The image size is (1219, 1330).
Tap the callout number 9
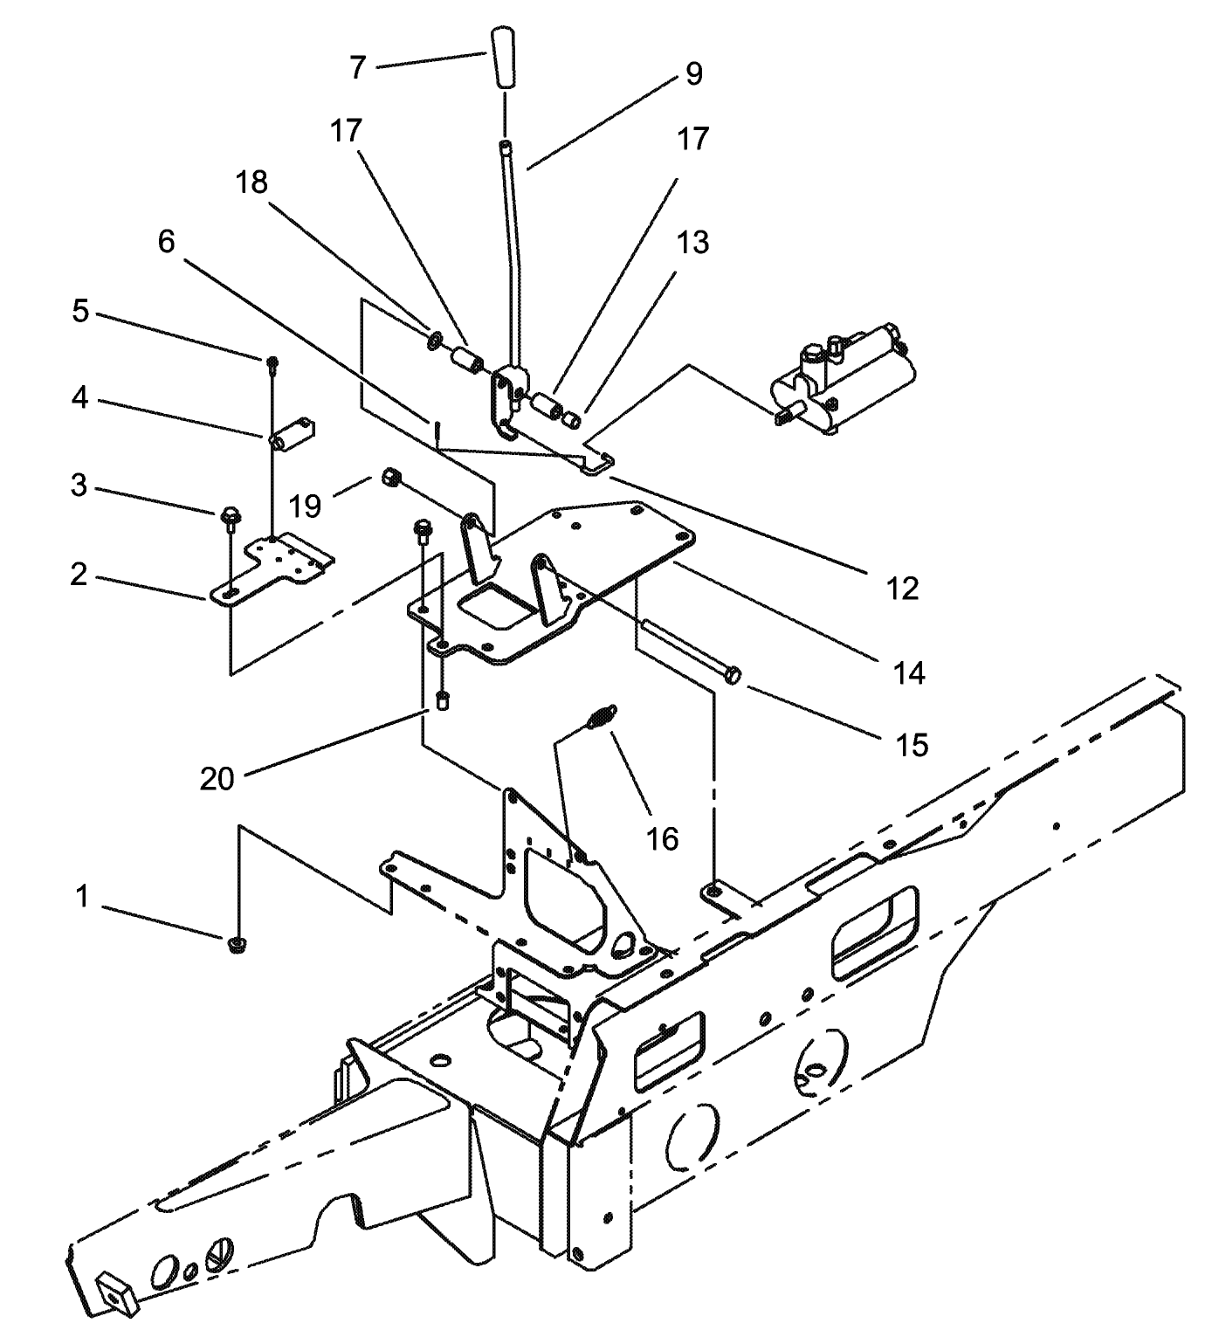[x=693, y=74]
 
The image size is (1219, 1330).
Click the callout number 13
[x=693, y=242]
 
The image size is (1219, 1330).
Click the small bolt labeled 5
[x=272, y=360]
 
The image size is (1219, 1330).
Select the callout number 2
[x=79, y=574]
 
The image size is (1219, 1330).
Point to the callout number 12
[x=903, y=589]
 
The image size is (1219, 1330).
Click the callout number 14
[x=909, y=672]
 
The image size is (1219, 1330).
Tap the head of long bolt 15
[x=734, y=676]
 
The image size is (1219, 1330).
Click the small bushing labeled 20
[x=444, y=699]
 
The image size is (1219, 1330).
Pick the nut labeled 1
[x=234, y=946]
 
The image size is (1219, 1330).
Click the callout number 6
[x=166, y=242]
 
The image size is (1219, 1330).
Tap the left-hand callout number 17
[x=346, y=131]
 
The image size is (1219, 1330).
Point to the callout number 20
[x=217, y=778]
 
